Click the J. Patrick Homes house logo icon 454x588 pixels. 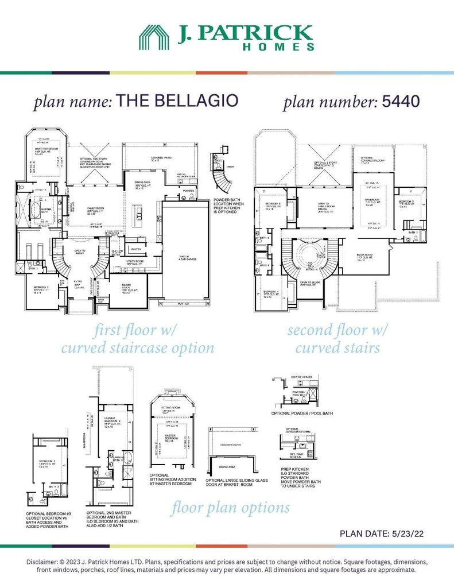(156, 37)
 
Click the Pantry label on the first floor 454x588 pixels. (137, 249)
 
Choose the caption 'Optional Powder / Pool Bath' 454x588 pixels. (302, 413)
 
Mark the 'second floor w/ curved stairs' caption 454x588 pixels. (337, 339)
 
